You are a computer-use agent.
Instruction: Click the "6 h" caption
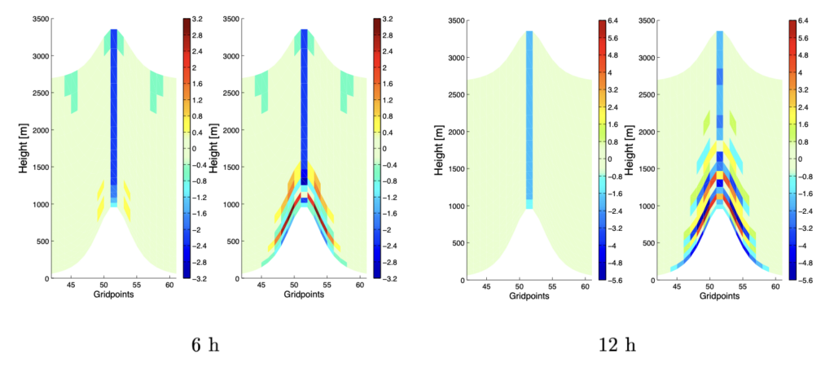pyautogui.click(x=205, y=345)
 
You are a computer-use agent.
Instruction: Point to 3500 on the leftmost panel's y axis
pyautogui.click(x=38, y=20)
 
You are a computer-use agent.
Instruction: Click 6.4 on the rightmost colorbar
pyautogui.click(x=804, y=20)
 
